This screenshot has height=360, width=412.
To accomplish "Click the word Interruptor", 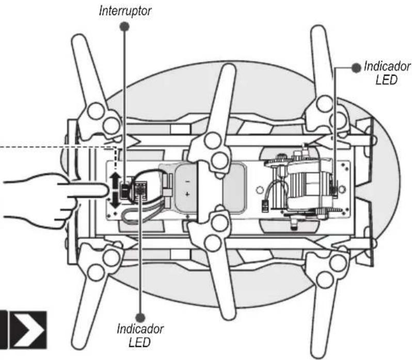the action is pyautogui.click(x=125, y=11).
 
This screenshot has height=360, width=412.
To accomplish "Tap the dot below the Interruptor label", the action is pyautogui.click(x=124, y=26).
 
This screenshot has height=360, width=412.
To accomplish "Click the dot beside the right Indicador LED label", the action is pyautogui.click(x=356, y=68).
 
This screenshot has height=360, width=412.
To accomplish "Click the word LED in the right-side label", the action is pyautogui.click(x=386, y=80).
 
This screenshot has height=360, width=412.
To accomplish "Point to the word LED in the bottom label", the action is pyautogui.click(x=139, y=342).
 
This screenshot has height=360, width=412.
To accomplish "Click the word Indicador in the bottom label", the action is pyautogui.click(x=140, y=329).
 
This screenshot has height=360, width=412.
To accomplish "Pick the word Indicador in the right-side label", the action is pyautogui.click(x=387, y=67).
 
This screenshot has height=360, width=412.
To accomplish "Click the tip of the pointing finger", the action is pyautogui.click(x=108, y=190).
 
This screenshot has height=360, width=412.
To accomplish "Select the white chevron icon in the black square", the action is pyautogui.click(x=28, y=330).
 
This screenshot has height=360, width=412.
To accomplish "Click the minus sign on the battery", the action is pyautogui.click(x=187, y=182).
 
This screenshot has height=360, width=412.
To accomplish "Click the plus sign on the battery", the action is pyautogui.click(x=187, y=194).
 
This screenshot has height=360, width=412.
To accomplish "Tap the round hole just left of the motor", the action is pyautogui.click(x=260, y=189).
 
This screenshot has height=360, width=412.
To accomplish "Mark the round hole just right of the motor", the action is pyautogui.click(x=342, y=189).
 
